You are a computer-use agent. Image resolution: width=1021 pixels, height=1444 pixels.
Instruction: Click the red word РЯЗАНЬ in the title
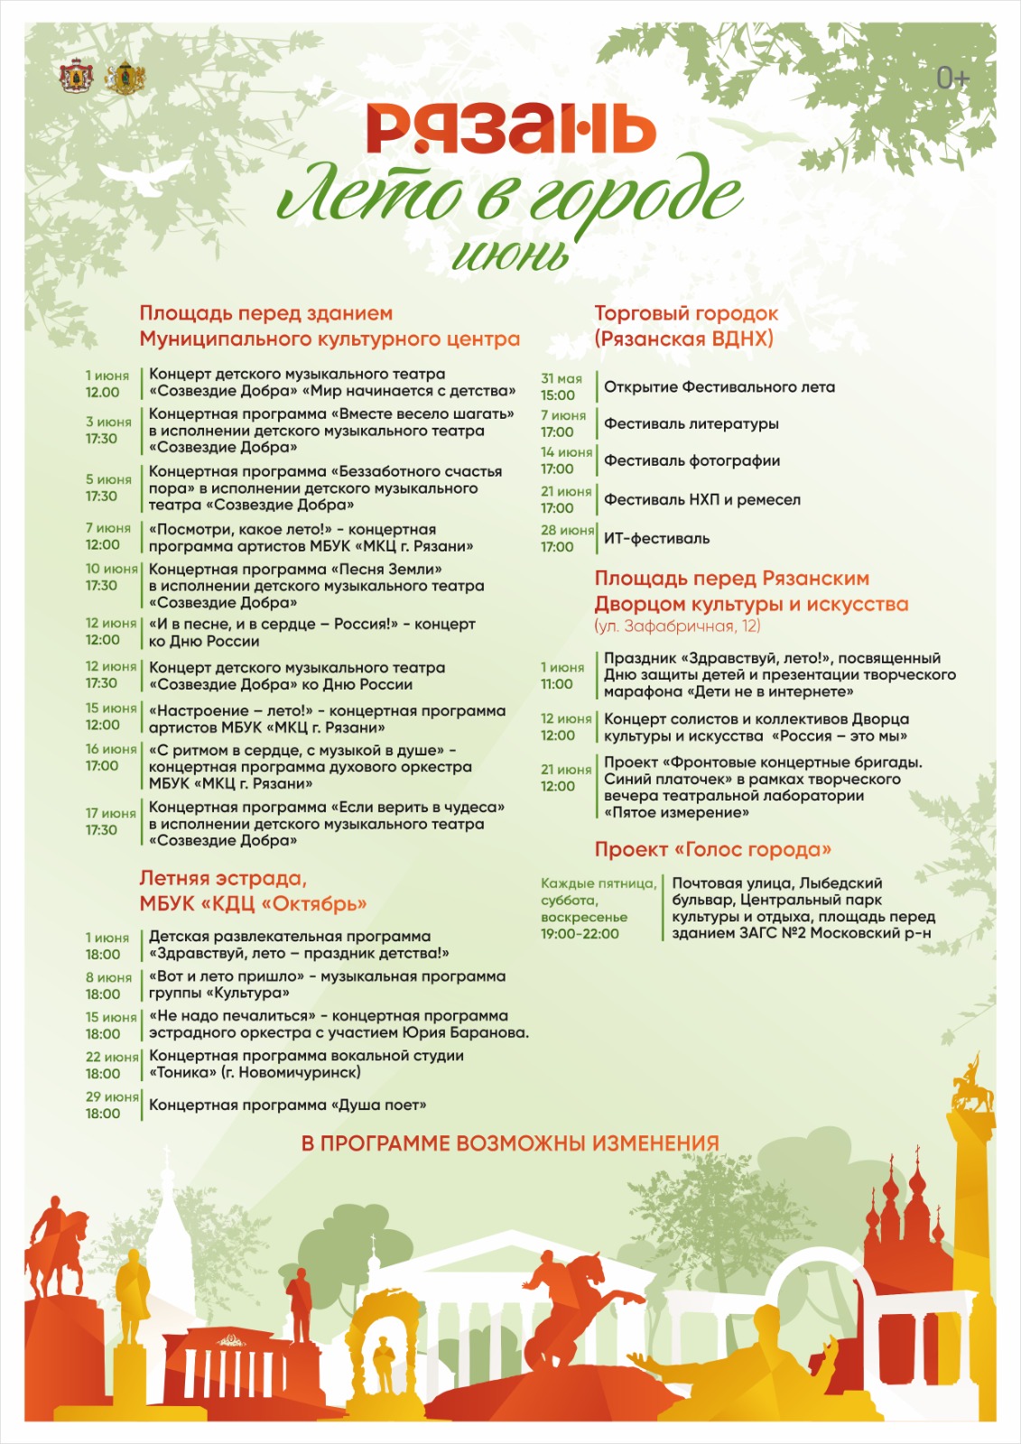click(x=510, y=129)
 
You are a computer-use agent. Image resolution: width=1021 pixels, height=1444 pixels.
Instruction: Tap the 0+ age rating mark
click(x=951, y=79)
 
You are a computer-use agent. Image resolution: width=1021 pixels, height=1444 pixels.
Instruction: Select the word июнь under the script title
click(x=511, y=255)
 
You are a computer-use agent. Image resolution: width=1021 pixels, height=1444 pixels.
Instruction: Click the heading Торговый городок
click(x=685, y=313)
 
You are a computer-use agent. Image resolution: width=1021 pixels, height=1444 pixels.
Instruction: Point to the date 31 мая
click(x=562, y=379)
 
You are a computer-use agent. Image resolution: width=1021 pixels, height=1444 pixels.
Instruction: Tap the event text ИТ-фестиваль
click(x=656, y=539)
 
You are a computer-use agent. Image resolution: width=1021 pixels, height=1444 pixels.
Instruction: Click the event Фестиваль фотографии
click(x=691, y=460)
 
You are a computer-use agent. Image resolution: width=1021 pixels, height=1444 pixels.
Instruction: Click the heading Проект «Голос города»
click(x=712, y=849)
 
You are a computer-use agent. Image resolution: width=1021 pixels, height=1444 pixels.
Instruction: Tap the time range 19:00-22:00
click(x=580, y=934)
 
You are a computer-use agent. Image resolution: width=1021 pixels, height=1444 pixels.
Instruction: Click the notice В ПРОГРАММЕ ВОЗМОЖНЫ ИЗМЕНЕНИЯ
click(x=510, y=1143)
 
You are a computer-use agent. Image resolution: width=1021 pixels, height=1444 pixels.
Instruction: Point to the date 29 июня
click(x=112, y=1097)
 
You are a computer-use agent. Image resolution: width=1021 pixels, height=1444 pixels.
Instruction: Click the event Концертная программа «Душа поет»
click(x=287, y=1105)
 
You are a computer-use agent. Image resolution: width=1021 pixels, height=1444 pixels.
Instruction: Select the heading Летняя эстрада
click(x=223, y=878)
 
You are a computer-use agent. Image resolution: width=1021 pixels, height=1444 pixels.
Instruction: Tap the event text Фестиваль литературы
click(x=691, y=423)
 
